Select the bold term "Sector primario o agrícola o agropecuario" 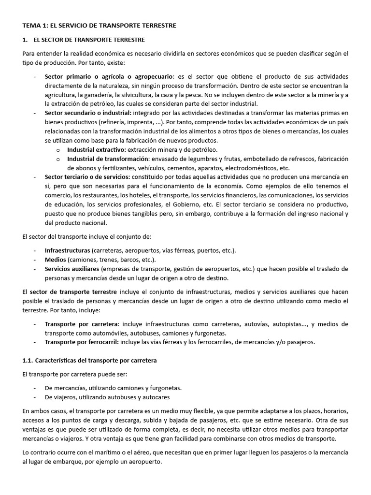coord(110,76)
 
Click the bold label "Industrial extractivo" coord(96,149)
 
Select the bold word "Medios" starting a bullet coord(56,260)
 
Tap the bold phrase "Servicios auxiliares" coord(72,269)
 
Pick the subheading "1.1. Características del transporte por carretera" coord(90,361)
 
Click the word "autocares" coord(154,397)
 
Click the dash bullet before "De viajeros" coord(35,397)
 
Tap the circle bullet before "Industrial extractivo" coord(58,150)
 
